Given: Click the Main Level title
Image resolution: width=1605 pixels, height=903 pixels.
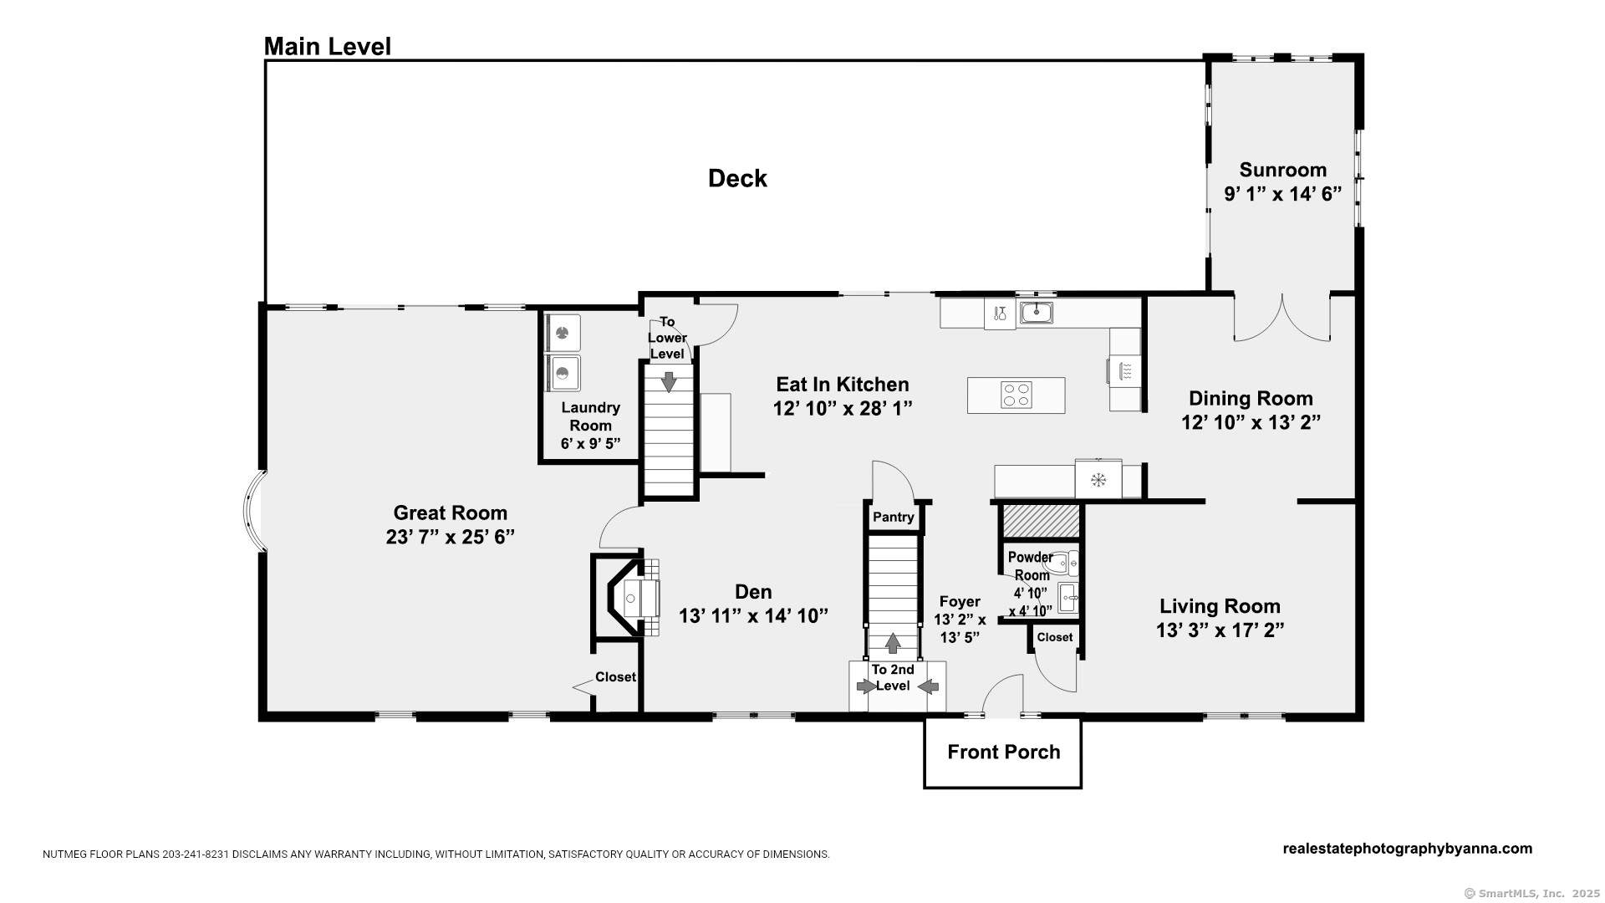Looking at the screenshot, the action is point(327,47).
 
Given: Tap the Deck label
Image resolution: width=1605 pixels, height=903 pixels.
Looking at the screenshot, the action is point(737,178).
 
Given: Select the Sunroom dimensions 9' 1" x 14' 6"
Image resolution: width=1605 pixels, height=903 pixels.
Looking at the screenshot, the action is point(1282,194).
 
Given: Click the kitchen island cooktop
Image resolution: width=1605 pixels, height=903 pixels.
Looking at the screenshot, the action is point(1016,395).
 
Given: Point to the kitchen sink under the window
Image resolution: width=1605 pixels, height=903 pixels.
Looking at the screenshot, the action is point(1036,313).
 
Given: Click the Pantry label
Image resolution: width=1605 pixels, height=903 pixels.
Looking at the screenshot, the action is point(894,518).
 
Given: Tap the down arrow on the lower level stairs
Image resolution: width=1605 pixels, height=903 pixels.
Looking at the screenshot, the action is point(669,381).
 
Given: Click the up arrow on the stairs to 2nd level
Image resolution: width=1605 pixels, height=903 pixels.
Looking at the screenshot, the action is point(893,643).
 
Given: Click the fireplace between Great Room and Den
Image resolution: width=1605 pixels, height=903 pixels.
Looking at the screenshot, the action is point(627,597).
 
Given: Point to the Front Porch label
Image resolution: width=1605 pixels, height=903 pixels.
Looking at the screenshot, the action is point(1003,752).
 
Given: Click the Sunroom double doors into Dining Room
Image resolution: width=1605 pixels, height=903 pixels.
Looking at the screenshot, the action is point(1282,319).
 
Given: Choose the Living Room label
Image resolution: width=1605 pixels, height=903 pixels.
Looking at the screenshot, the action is point(1220,606).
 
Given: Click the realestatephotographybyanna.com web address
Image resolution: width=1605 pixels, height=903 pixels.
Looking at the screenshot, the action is point(1408,849).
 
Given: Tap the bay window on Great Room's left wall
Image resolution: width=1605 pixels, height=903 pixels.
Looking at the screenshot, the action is point(251,510).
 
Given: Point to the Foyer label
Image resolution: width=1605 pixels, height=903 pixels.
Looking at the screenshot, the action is point(960,602).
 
